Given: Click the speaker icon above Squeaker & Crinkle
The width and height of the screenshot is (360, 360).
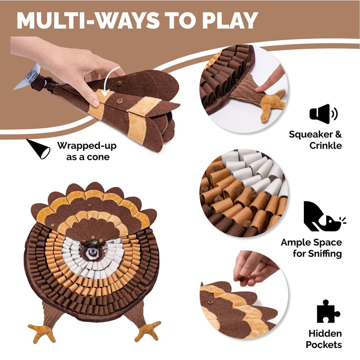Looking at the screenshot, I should pos(324,114).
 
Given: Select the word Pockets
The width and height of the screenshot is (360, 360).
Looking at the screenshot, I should pos(325,345).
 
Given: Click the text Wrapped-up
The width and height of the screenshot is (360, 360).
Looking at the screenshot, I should pos(87,145).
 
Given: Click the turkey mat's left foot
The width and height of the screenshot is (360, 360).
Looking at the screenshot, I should pos(42,332).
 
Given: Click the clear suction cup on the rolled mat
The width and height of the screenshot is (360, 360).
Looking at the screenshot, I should pos(27,78).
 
